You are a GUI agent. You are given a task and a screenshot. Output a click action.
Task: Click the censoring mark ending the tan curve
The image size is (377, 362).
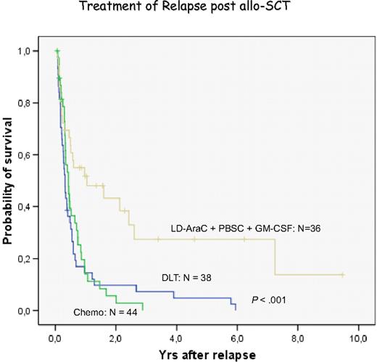tap(342, 275)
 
